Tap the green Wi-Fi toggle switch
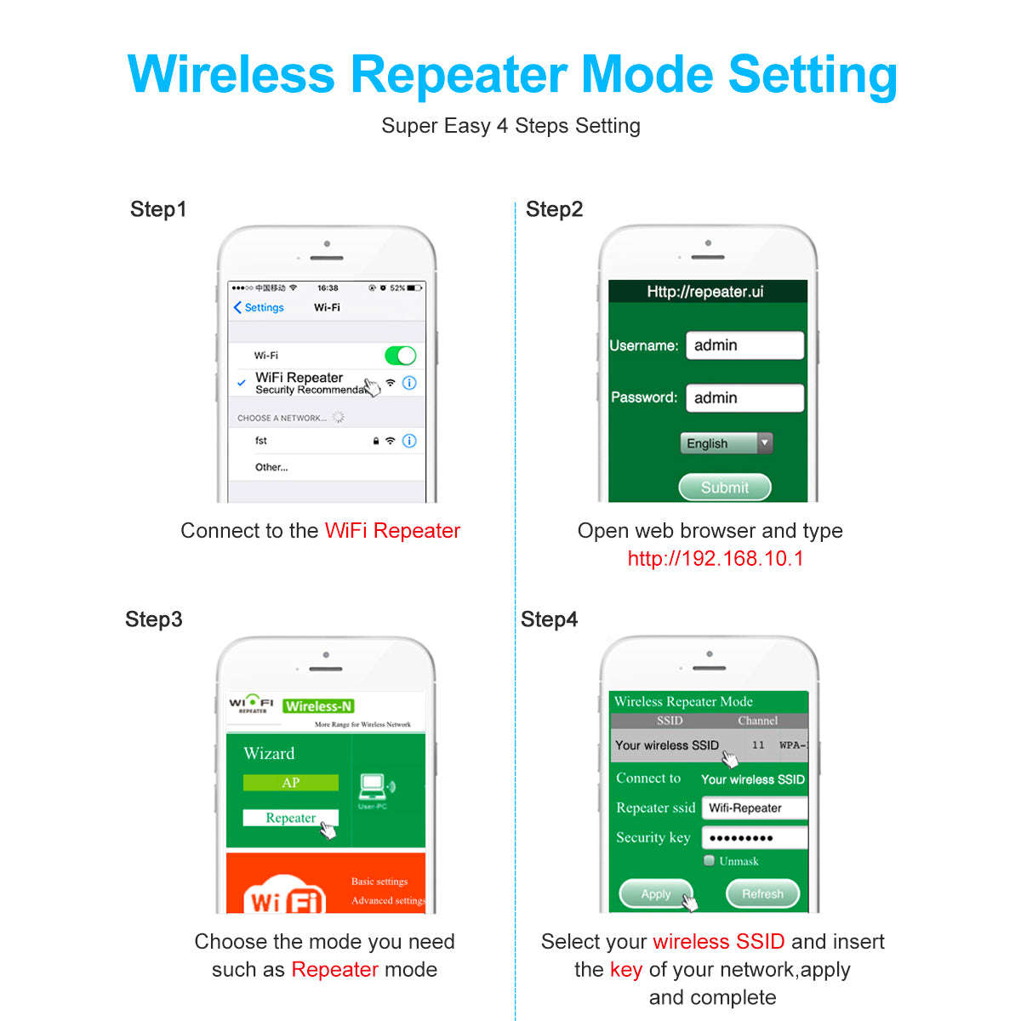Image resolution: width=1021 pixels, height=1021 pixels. pos(401,355)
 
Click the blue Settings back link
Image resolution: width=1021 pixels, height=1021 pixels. pos(259,307)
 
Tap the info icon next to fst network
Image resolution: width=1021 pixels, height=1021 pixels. pos(409,441)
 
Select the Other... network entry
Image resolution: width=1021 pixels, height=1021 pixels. pos(271,467)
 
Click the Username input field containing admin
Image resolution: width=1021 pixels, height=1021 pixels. pos(744,345)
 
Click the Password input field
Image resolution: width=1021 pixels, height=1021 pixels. pos(744,398)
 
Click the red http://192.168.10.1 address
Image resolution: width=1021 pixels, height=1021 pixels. pos(715,559)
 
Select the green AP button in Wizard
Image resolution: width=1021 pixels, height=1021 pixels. pos(290,783)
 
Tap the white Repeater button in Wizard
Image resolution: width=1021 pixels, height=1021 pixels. pos(290,818)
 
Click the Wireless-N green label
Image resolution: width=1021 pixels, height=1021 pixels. pos(318,706)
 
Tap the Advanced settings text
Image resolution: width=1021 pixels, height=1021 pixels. pos(387,900)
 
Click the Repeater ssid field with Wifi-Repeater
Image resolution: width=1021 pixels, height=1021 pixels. pos(754,808)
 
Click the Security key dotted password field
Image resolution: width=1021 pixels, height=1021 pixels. pos(754,838)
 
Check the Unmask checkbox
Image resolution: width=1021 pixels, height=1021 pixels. pos(709,861)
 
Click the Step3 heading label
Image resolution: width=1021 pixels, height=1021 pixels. pos(154,619)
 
